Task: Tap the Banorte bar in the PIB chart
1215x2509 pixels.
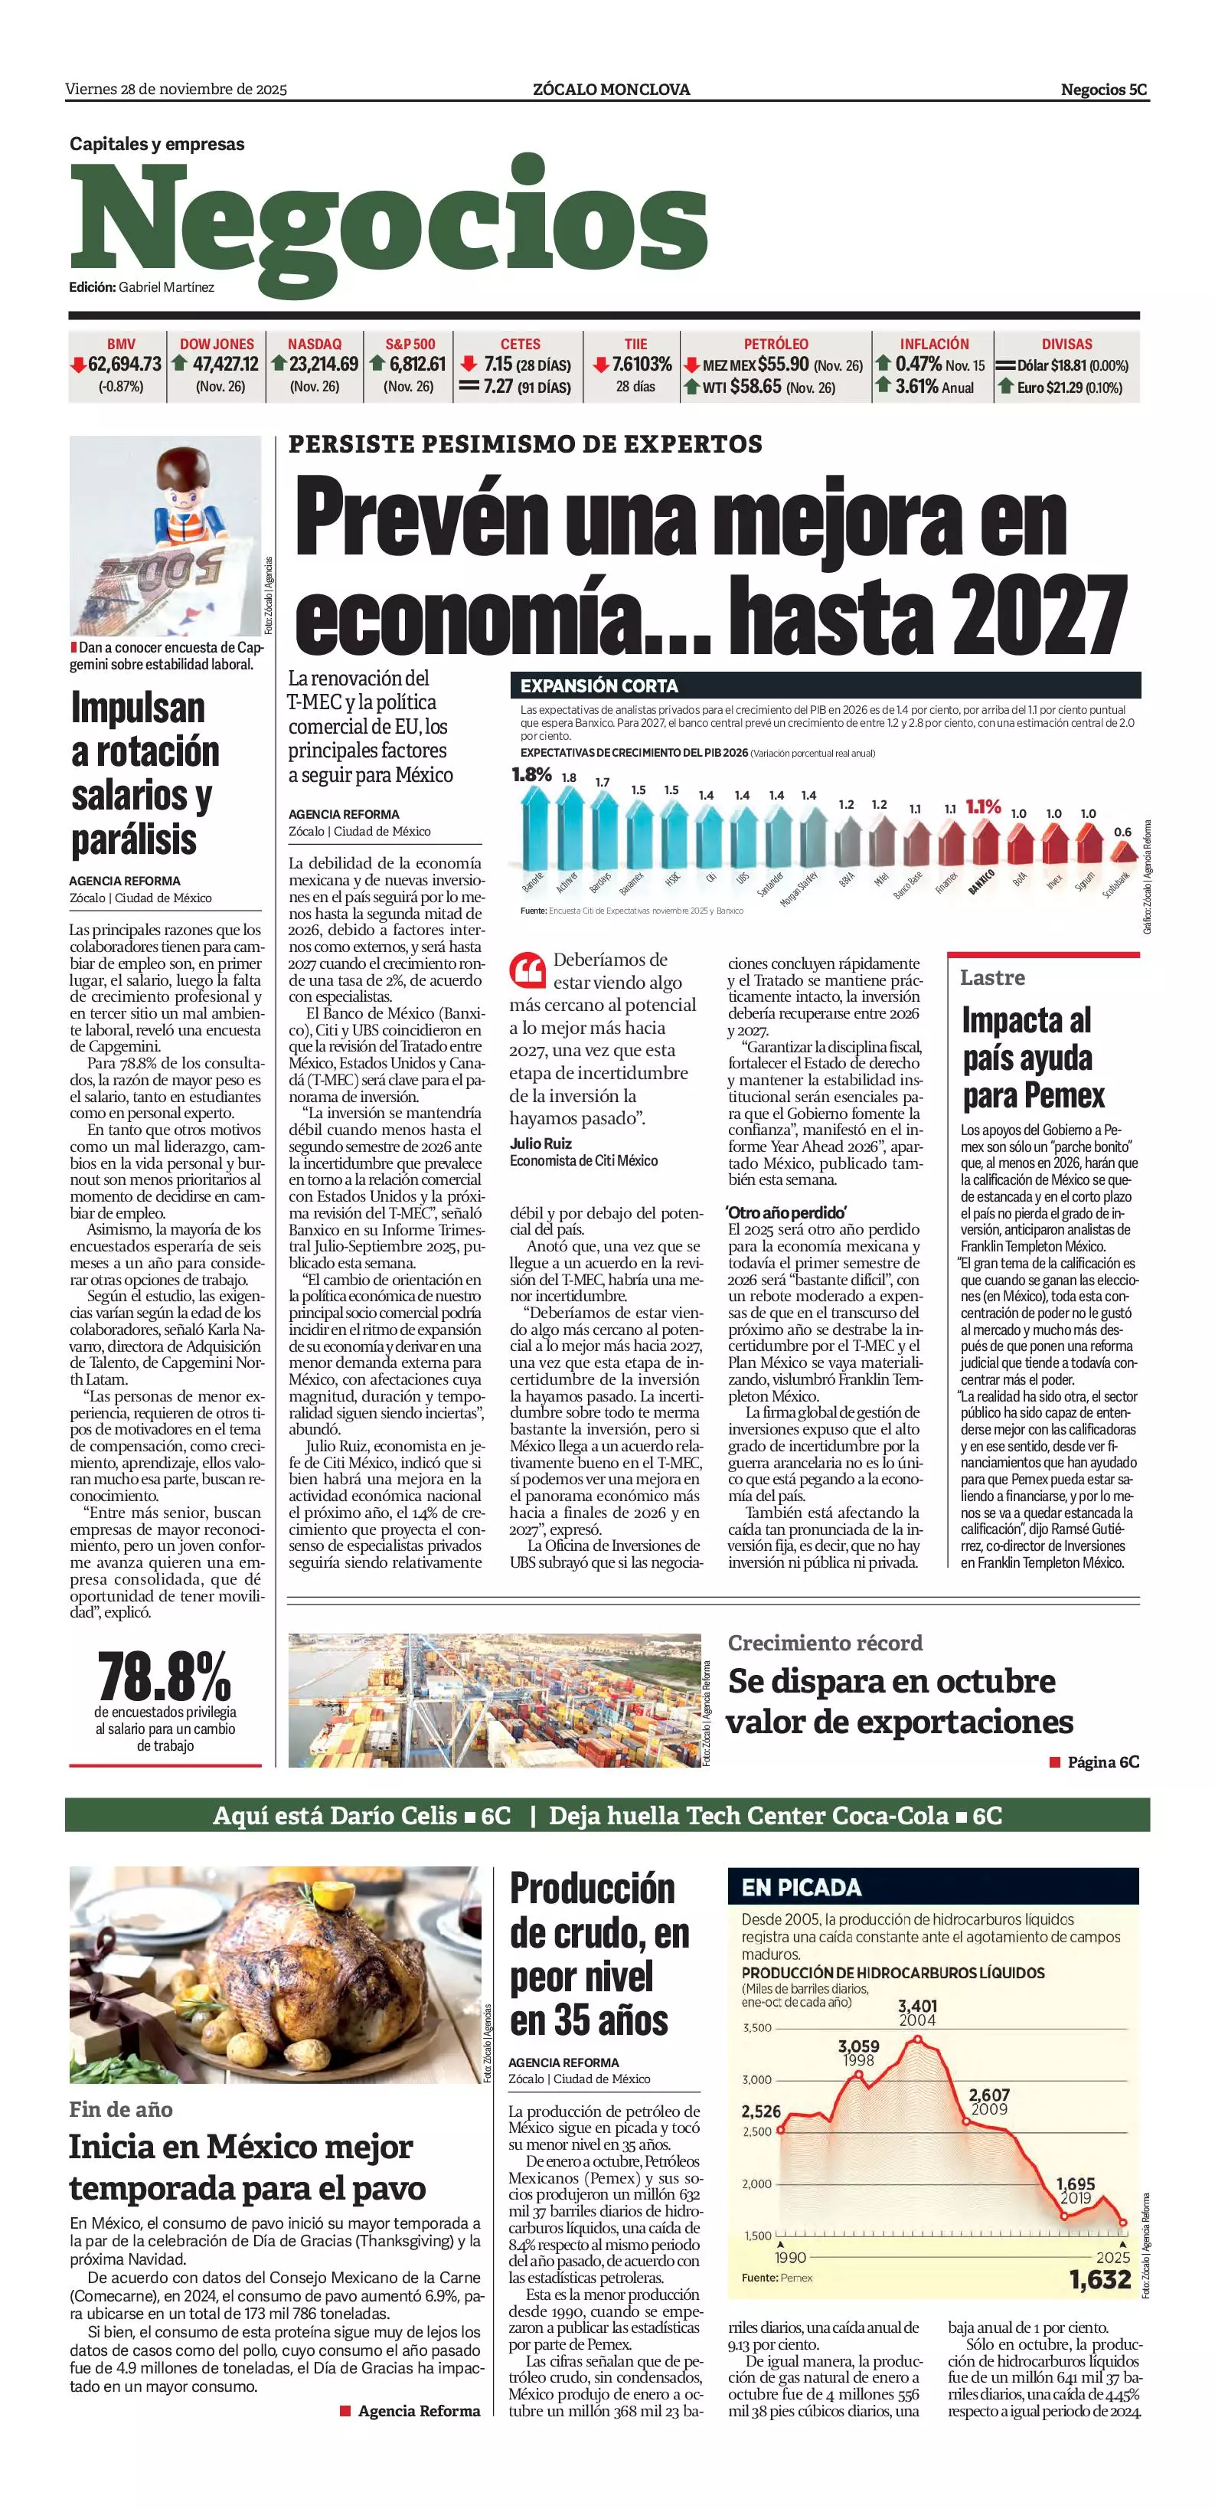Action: click(x=534, y=828)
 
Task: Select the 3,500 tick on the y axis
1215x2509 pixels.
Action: click(x=756, y=2028)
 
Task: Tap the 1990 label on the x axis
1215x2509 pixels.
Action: click(x=791, y=2258)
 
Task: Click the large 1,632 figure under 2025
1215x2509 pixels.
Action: click(x=1100, y=2279)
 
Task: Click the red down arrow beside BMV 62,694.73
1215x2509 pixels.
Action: click(x=78, y=365)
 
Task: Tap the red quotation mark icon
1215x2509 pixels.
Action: click(x=527, y=970)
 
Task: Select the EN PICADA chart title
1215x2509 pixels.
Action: click(x=802, y=1888)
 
